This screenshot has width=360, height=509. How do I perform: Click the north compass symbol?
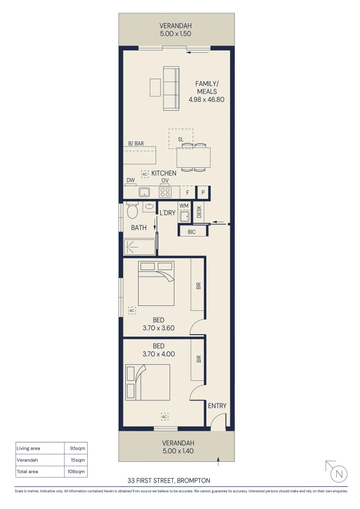click(x=338, y=474)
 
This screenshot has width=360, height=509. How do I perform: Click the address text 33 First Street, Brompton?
click(x=169, y=481)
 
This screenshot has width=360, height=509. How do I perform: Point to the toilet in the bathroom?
click(x=132, y=211)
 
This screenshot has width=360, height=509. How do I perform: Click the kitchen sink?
click(x=144, y=192)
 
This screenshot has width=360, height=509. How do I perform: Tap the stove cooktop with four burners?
click(x=165, y=192)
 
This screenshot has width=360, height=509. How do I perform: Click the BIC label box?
click(x=192, y=231)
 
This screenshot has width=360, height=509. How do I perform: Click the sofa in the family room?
click(x=171, y=89)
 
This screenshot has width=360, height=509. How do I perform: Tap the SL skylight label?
click(x=180, y=140)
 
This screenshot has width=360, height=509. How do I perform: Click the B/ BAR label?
click(x=136, y=143)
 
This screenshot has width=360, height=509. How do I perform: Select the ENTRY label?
click(x=217, y=406)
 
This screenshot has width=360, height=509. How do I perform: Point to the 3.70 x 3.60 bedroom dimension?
click(x=159, y=328)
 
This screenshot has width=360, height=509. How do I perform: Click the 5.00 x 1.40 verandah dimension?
click(x=177, y=451)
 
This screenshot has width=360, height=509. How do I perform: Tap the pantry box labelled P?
click(x=203, y=193)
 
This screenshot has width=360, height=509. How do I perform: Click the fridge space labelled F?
click(x=188, y=193)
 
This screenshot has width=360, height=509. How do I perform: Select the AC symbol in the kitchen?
click(x=145, y=174)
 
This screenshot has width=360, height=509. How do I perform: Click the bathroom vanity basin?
click(x=150, y=206)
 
